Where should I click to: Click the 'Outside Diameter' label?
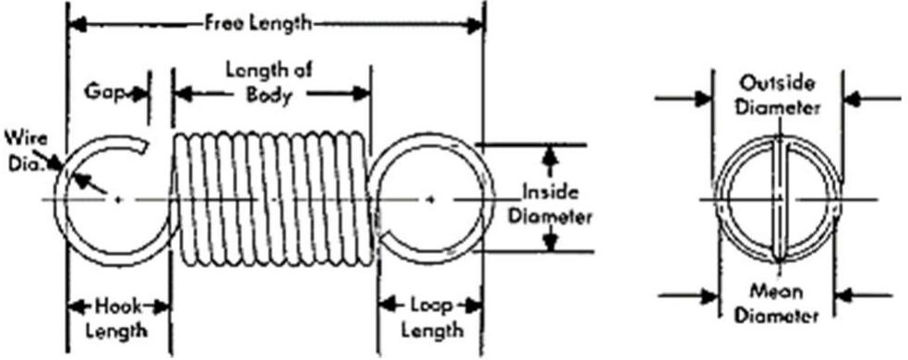(x=780, y=95)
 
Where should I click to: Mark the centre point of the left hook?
(x=117, y=198)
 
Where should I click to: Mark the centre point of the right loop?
(x=432, y=198)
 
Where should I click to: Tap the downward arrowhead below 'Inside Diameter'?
(x=551, y=243)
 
